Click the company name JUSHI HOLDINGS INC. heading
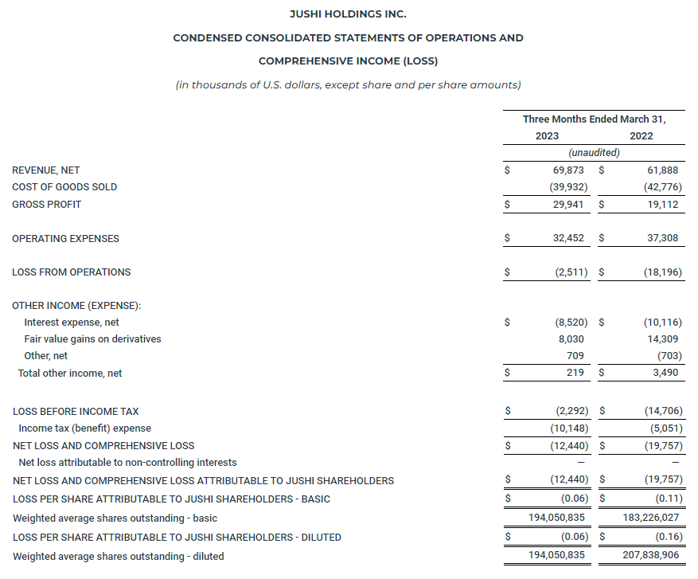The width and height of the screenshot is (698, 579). (349, 14)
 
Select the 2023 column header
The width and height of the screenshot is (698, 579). (547, 136)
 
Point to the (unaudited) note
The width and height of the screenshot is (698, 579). (594, 153)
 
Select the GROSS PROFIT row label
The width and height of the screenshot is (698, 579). (47, 205)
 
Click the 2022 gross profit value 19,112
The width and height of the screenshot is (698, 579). (663, 205)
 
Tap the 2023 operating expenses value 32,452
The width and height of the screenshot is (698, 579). (566, 238)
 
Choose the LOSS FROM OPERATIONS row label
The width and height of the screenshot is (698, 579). (72, 272)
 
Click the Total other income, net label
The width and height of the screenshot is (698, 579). (70, 374)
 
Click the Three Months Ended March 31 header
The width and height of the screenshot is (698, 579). (594, 119)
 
